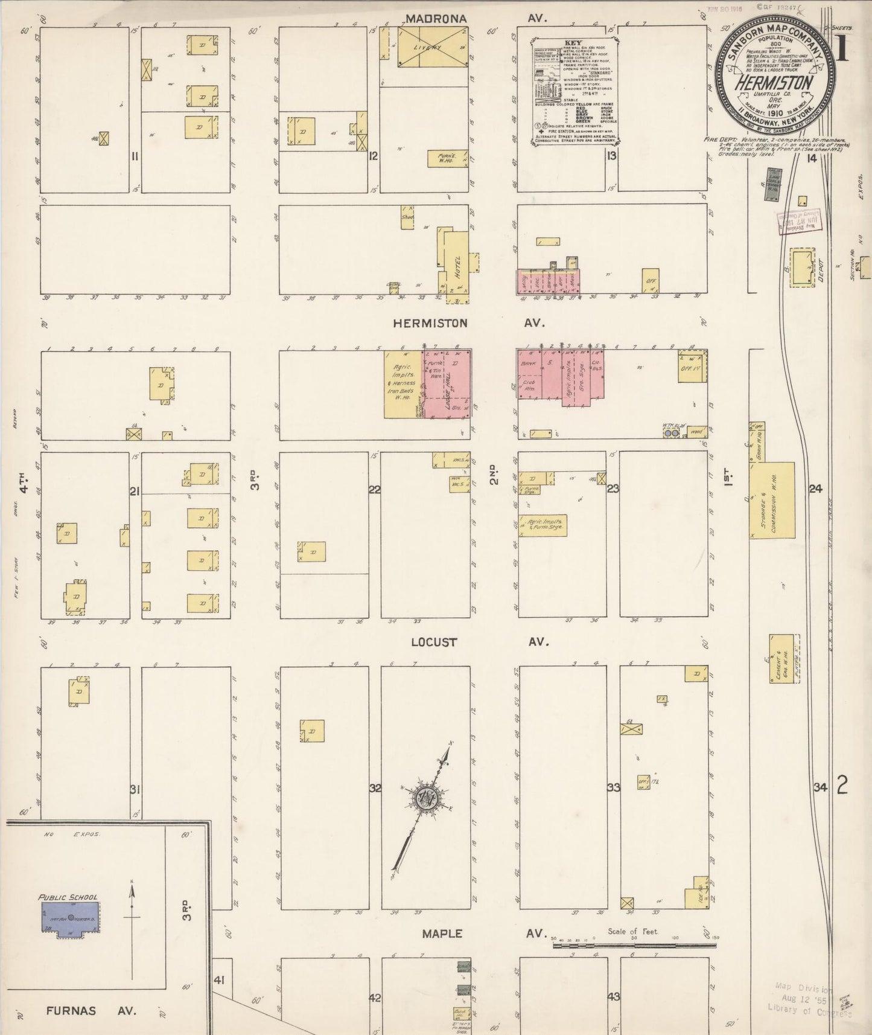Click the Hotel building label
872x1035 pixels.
[457, 266]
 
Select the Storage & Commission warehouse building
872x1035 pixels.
[772, 501]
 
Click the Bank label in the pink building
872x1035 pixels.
[529, 364]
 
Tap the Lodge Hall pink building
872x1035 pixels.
[447, 383]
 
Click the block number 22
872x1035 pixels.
[375, 489]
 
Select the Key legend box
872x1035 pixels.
[573, 92]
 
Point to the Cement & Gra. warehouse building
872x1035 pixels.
[781, 659]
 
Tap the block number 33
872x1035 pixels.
[614, 787]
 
